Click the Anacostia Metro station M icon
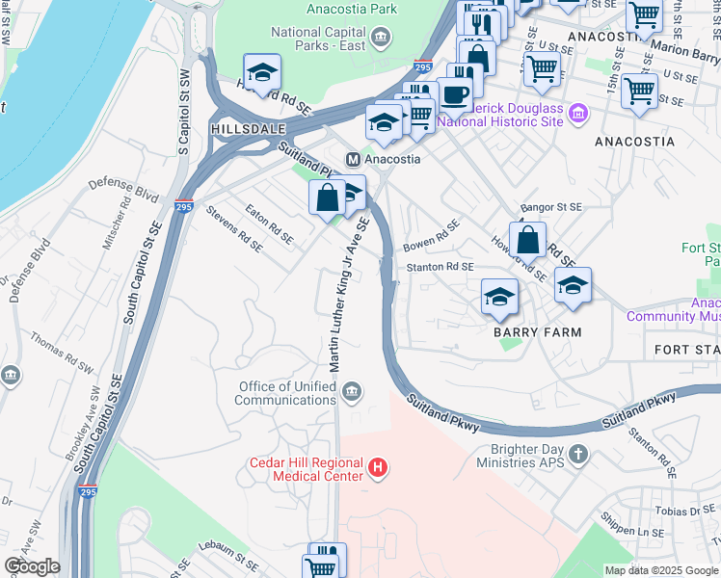coord(354,159)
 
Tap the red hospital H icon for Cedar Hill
coord(379,469)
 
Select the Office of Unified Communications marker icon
coord(352,391)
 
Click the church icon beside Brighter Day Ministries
coord(577,454)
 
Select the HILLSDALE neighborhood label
coord(240,128)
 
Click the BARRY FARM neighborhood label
coord(538,332)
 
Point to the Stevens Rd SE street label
coord(234,228)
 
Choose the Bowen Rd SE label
coord(431,236)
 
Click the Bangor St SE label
coord(551,207)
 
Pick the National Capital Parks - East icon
coord(383,37)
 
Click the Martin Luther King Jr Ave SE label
coord(349,295)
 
